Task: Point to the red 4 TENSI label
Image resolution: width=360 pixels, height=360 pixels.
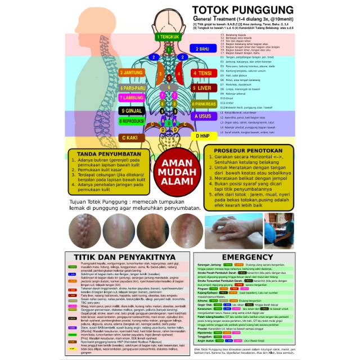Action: tap(201, 73)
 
